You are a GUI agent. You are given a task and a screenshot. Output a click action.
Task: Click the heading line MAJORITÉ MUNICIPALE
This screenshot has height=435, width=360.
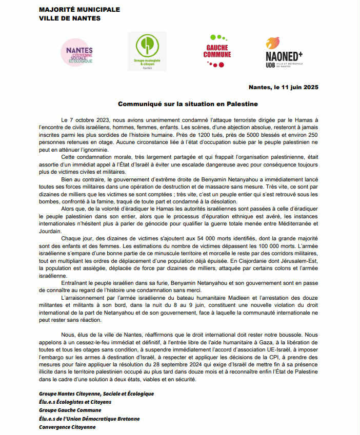click(79, 9)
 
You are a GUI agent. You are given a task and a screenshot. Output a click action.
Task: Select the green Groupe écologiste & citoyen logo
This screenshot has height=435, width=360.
click(147, 51)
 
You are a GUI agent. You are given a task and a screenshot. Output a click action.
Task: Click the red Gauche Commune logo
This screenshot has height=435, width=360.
click(217, 51)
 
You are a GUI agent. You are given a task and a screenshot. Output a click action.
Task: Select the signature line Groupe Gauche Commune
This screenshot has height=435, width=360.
click(70, 410)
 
